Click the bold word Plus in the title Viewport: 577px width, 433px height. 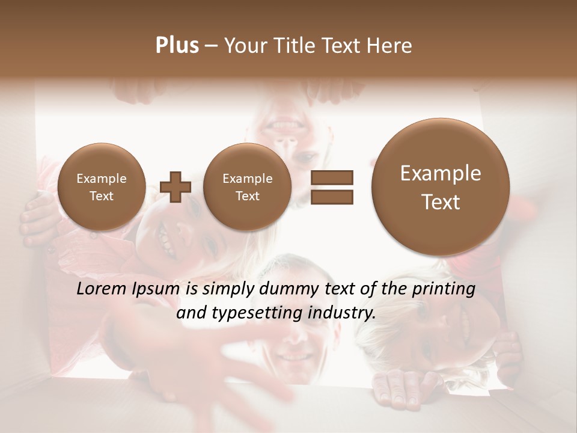pyautogui.click(x=177, y=46)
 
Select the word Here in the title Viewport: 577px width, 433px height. pyautogui.click(x=389, y=46)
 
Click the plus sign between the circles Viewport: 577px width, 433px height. pyautogui.click(x=176, y=187)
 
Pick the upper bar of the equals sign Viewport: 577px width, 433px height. pyautogui.click(x=332, y=177)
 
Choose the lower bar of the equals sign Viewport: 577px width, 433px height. pyautogui.click(x=332, y=197)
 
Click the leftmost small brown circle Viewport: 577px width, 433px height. pyautogui.click(x=101, y=187)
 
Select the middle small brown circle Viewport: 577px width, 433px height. pyautogui.click(x=247, y=187)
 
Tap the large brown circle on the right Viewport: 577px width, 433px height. pyautogui.click(x=441, y=187)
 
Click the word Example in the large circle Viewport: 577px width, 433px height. pyautogui.click(x=441, y=173)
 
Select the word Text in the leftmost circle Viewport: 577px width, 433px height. pyautogui.click(x=101, y=196)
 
